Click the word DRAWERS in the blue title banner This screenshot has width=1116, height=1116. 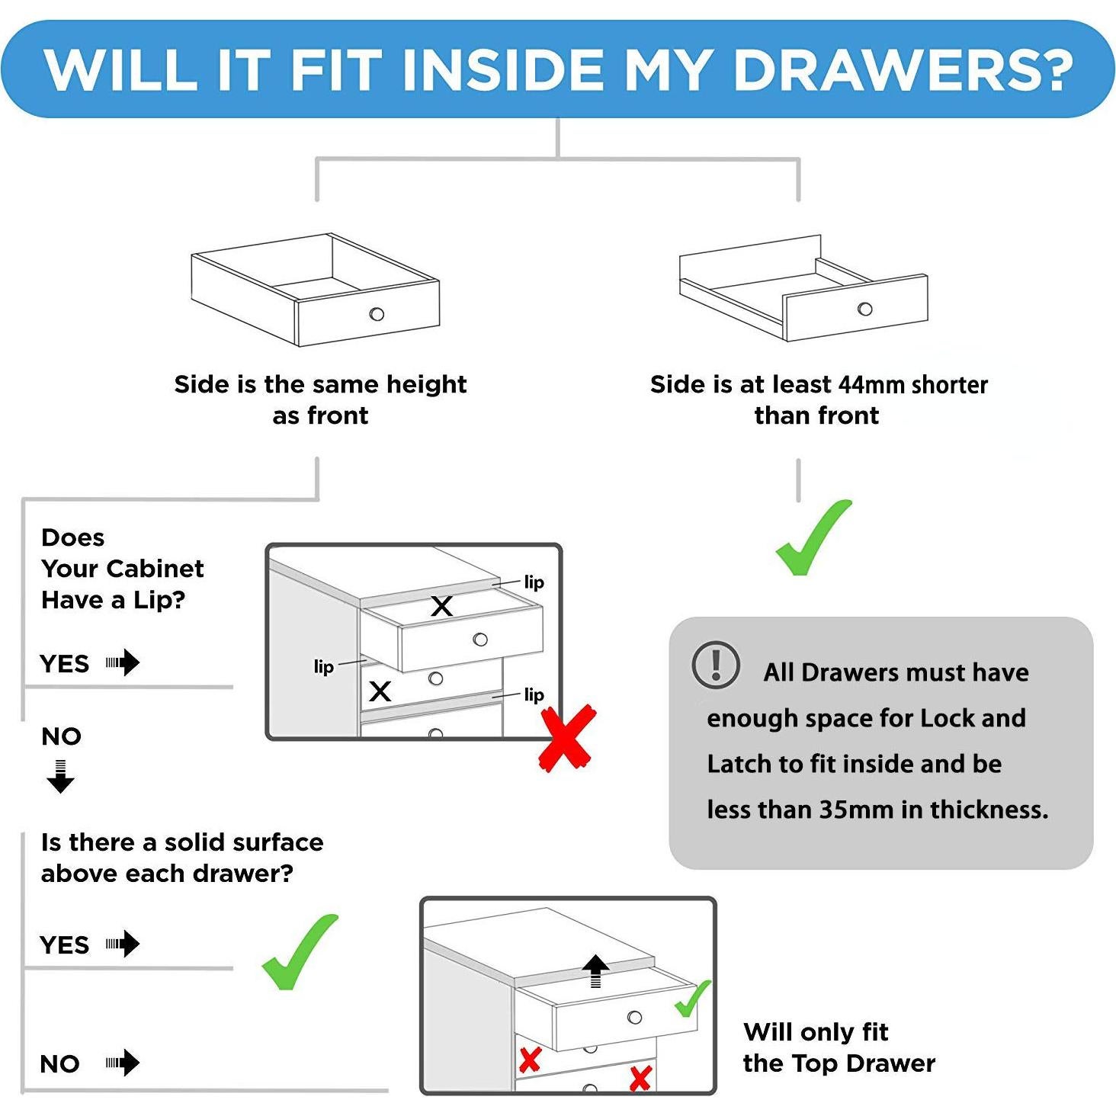click(x=903, y=71)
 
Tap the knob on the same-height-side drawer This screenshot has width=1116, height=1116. click(x=377, y=314)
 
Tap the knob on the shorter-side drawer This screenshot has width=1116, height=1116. click(x=864, y=309)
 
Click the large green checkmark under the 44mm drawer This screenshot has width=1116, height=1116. click(x=813, y=537)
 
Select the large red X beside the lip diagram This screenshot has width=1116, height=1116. click(x=568, y=737)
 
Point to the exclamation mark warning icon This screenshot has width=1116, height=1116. click(x=716, y=664)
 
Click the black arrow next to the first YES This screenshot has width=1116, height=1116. click(x=123, y=662)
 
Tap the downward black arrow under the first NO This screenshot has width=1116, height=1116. click(x=60, y=777)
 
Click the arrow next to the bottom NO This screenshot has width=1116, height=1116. click(x=123, y=1063)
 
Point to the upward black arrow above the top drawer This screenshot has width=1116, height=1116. click(x=595, y=971)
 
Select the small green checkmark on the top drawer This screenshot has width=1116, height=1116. click(x=693, y=999)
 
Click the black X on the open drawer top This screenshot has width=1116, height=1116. click(x=441, y=606)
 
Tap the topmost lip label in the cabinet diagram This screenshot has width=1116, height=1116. click(x=534, y=582)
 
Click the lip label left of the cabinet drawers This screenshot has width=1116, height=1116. click(x=324, y=666)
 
